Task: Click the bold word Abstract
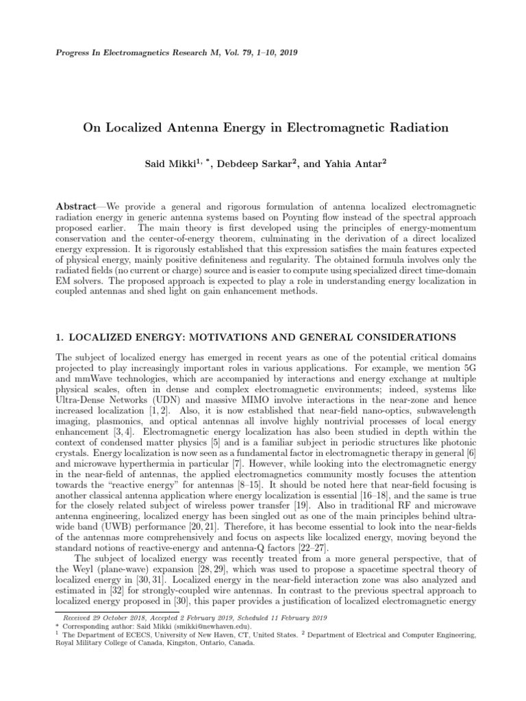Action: pos(75,207)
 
